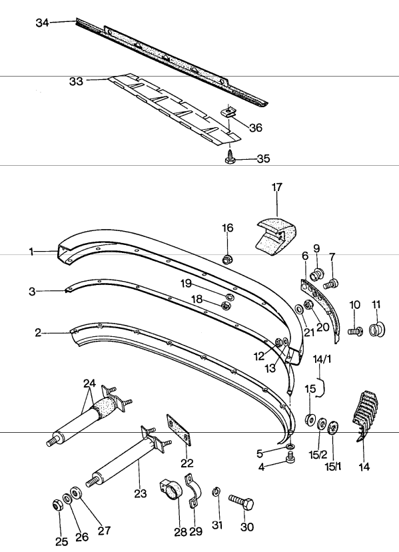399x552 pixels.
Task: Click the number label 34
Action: pyautogui.click(x=42, y=23)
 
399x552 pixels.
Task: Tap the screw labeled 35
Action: pyautogui.click(x=230, y=156)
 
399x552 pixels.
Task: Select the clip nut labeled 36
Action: pyautogui.click(x=229, y=113)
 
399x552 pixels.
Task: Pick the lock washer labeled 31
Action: pyautogui.click(x=216, y=491)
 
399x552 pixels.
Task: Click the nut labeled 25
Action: pyautogui.click(x=57, y=505)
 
